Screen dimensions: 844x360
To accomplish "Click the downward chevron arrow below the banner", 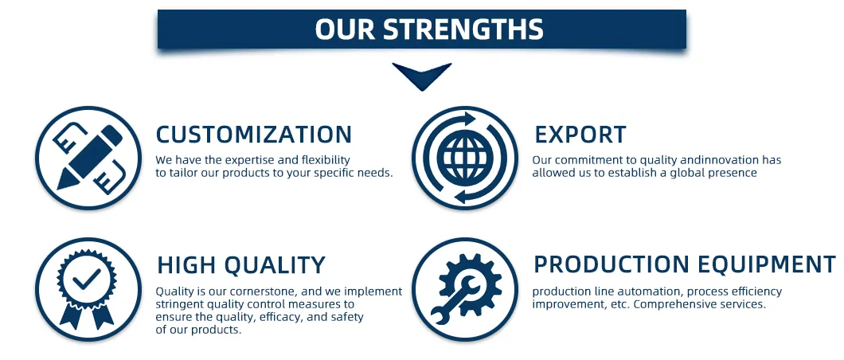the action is point(421,76).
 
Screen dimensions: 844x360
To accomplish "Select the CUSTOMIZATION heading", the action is point(253,135).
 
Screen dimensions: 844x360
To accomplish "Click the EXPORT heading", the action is point(580,135).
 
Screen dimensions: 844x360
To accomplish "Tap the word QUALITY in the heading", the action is point(275,265).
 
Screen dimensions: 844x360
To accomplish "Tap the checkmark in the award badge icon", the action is point(88,279).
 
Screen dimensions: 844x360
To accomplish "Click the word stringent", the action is point(178,304).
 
